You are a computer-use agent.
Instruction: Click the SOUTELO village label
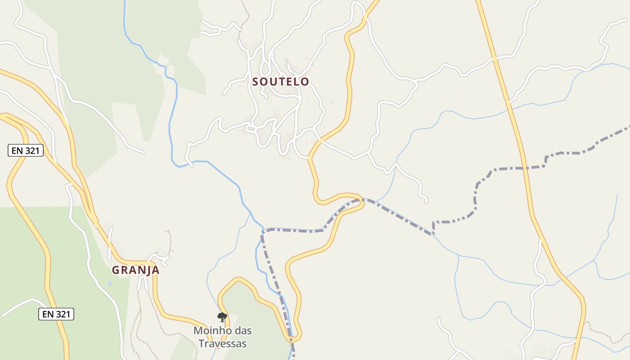click(281, 81)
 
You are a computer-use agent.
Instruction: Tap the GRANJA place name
click(135, 270)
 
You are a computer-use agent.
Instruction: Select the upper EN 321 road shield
click(26, 151)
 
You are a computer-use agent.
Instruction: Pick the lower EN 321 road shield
click(56, 314)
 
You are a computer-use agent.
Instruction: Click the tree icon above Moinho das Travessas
click(222, 317)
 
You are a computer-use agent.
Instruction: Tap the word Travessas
click(223, 343)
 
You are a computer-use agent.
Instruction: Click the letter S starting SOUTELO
click(256, 82)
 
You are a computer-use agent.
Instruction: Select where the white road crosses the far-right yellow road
click(495, 58)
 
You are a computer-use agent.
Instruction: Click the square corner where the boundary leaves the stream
click(433, 222)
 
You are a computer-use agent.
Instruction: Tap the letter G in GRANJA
click(115, 270)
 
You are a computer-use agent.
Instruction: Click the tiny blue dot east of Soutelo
click(333, 103)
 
